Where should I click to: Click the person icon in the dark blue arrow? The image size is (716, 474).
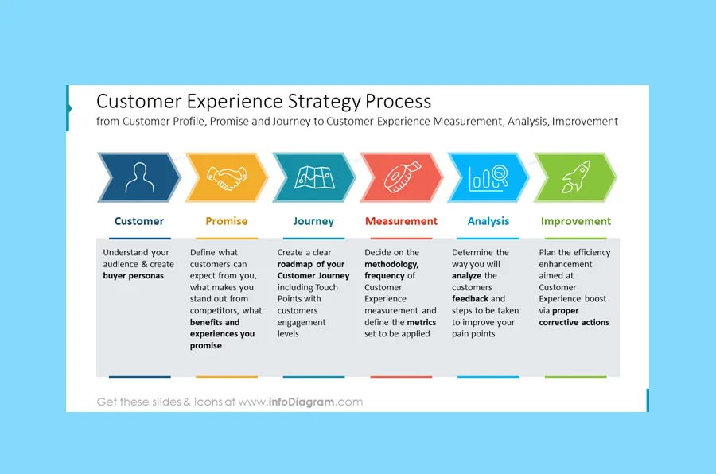pos(139,177)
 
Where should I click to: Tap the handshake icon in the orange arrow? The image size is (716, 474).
pos(226,177)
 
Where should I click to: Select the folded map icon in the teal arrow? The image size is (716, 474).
pos(313,177)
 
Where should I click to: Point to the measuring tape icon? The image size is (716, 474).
pos(401,177)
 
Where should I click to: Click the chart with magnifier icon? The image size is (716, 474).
pos(488,177)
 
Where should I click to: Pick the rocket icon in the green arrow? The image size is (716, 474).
pos(574,177)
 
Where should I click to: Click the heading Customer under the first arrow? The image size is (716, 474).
pos(139,221)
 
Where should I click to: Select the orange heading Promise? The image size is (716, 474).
pos(227,221)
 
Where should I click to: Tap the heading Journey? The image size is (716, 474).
pos(313,221)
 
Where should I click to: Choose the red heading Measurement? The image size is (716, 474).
pos(401,221)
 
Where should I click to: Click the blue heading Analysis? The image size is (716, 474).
pos(488,221)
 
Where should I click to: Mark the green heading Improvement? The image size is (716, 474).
pos(576,221)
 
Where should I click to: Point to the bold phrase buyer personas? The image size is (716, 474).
pos(134,276)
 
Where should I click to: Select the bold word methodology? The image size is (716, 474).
pos(391,264)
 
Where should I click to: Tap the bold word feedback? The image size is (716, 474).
pos(470,299)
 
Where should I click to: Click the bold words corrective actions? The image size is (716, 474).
pos(574,322)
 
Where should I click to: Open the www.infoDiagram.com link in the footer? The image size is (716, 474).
pos(301,402)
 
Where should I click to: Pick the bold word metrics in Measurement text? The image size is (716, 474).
pos(422,322)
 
